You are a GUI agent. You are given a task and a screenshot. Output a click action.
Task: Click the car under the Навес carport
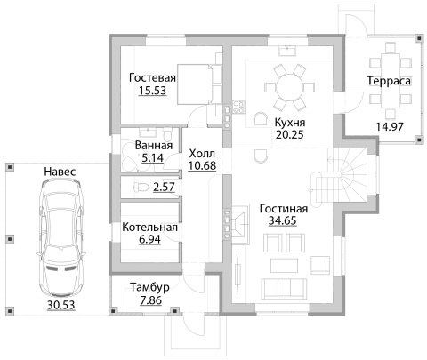(x=60, y=239)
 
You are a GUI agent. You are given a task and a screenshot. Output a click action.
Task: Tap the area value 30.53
(x=60, y=305)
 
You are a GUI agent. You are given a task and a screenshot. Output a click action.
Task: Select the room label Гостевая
(x=152, y=77)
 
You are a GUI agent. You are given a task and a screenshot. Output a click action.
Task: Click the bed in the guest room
(x=199, y=84)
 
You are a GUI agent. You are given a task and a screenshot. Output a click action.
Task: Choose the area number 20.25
(x=290, y=134)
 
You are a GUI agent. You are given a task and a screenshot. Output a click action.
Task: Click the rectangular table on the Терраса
(x=391, y=81)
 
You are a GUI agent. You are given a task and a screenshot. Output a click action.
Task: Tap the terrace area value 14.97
(x=390, y=127)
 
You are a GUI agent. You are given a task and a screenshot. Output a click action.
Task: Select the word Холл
(x=202, y=154)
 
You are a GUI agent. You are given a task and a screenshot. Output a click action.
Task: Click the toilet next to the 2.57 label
(x=141, y=188)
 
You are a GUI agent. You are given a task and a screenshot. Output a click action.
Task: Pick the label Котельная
(x=149, y=228)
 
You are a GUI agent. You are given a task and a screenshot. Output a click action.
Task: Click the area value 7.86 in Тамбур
(x=151, y=300)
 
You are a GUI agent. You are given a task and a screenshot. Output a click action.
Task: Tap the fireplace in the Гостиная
(x=240, y=224)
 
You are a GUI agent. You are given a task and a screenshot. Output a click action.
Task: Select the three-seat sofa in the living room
(x=284, y=289)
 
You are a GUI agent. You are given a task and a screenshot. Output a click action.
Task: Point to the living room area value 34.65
(x=282, y=220)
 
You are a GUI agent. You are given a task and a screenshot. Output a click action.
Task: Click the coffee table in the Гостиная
(x=284, y=266)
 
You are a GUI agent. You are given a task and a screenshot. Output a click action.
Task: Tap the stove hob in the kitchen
(x=238, y=107)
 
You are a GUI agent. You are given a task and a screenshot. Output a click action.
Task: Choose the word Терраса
(x=389, y=81)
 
